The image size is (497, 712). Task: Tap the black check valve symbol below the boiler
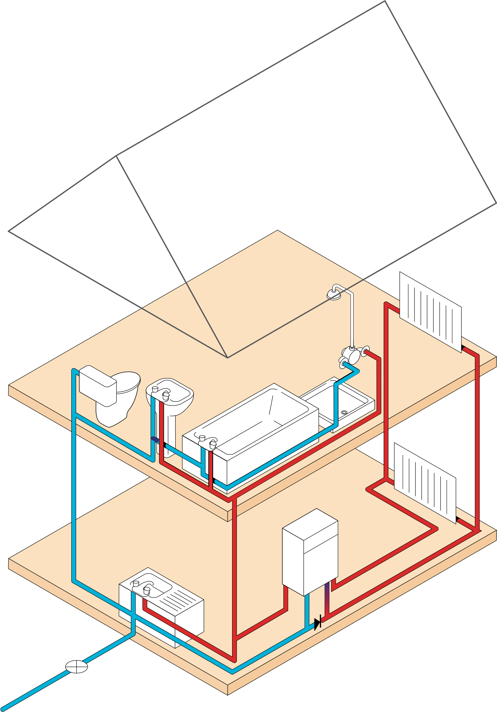317,624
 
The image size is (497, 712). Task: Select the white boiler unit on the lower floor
310,552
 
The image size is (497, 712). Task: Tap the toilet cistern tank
98,384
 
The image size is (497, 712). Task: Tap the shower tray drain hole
344,412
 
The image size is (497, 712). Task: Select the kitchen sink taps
141,586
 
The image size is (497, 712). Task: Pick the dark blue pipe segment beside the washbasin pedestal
155,439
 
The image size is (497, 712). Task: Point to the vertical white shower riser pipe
352,320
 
